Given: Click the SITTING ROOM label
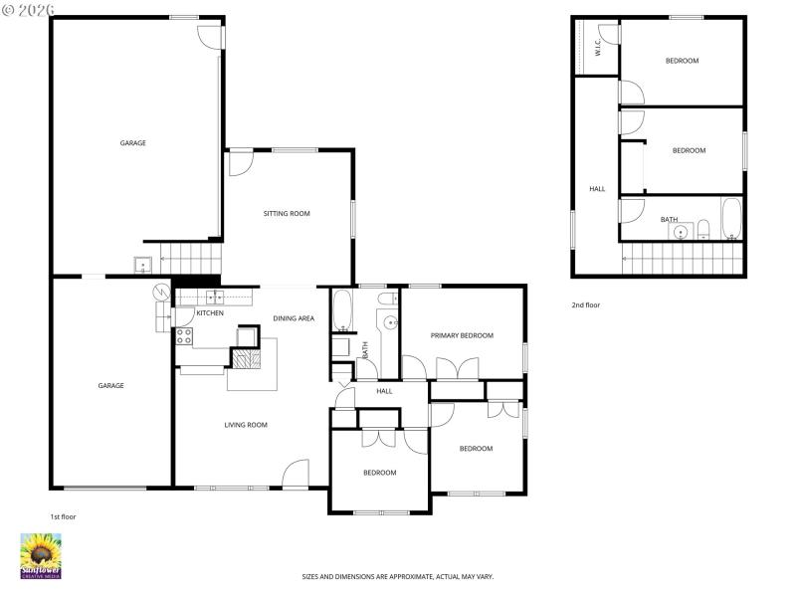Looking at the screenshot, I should click(x=287, y=214).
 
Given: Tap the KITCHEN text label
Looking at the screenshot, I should click(x=210, y=313).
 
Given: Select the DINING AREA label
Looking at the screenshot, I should click(x=294, y=318).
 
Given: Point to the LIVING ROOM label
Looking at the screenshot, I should click(x=245, y=425).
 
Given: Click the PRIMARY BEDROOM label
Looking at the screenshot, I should click(x=462, y=335).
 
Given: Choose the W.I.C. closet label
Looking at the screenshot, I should click(x=597, y=46).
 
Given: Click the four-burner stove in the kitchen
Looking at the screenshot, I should click(x=184, y=336).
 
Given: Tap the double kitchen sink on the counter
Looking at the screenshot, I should click(x=214, y=297).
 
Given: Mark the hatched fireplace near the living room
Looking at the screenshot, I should click(x=246, y=357).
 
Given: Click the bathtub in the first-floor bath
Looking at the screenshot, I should click(x=341, y=310).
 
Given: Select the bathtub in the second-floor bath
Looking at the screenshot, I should click(x=731, y=219).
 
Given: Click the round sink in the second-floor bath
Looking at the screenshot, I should click(x=681, y=233).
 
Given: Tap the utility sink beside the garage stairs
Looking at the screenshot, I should click(x=141, y=266).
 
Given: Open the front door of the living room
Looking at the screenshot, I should click(x=296, y=475).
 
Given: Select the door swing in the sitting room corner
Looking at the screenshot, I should click(x=241, y=162).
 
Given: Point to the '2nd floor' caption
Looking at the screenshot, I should click(x=585, y=305).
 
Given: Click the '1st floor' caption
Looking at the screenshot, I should click(x=63, y=517).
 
